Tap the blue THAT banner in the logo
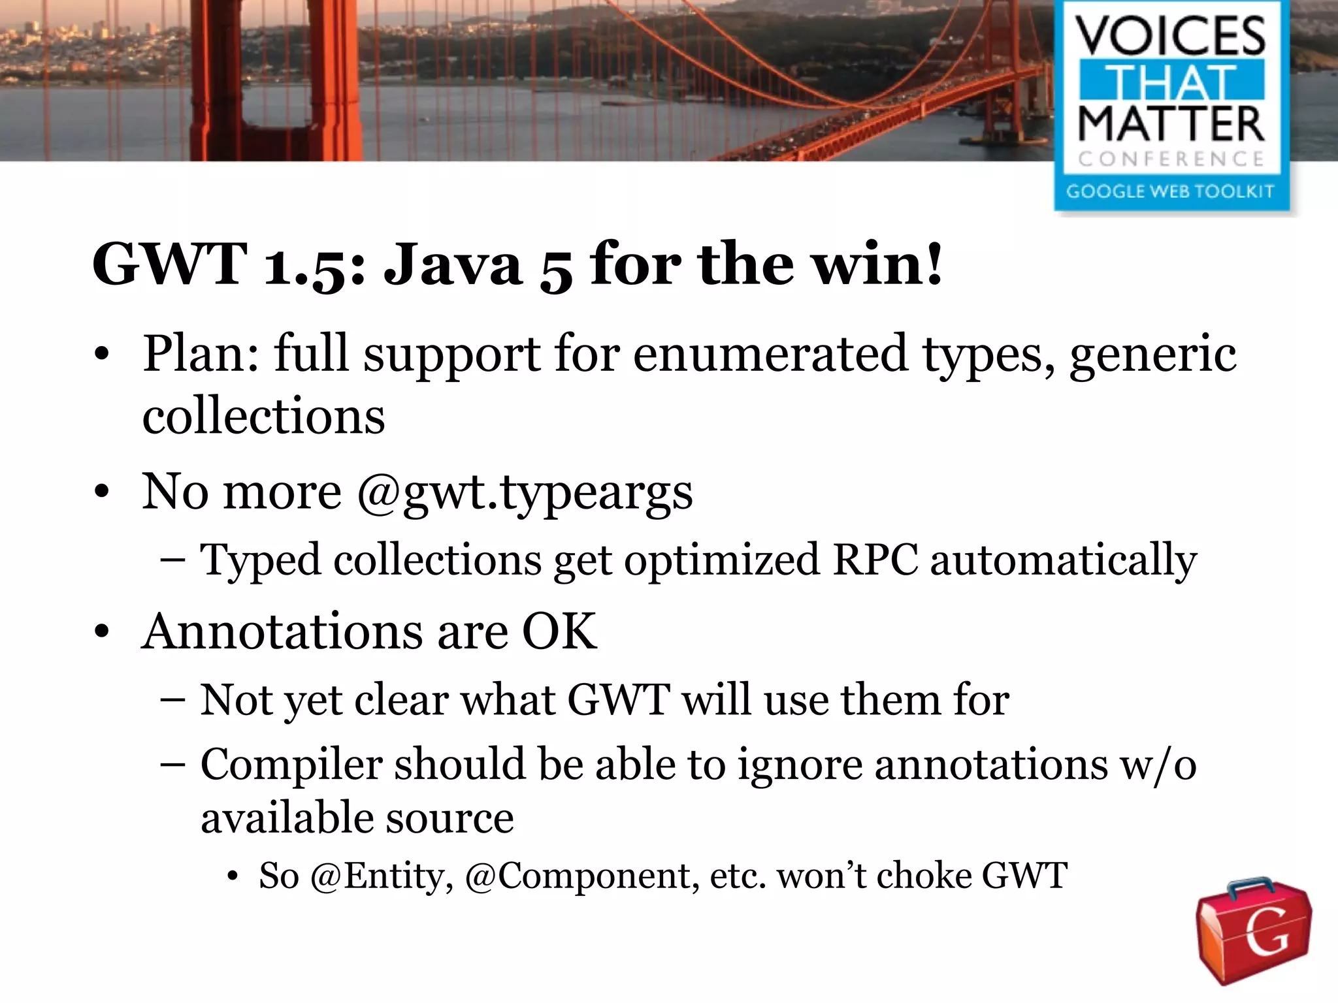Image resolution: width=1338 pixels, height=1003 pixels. (x=1171, y=82)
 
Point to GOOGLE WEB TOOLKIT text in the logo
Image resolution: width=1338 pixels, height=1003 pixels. (x=1170, y=191)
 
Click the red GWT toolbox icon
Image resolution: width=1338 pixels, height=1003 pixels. (x=1253, y=930)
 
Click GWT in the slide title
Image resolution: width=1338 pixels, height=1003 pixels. (x=169, y=264)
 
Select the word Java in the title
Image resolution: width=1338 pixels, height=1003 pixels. (x=453, y=264)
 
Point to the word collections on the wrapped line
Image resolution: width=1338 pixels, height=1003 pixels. (x=263, y=416)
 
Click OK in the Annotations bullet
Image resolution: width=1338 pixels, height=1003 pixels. (x=559, y=631)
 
